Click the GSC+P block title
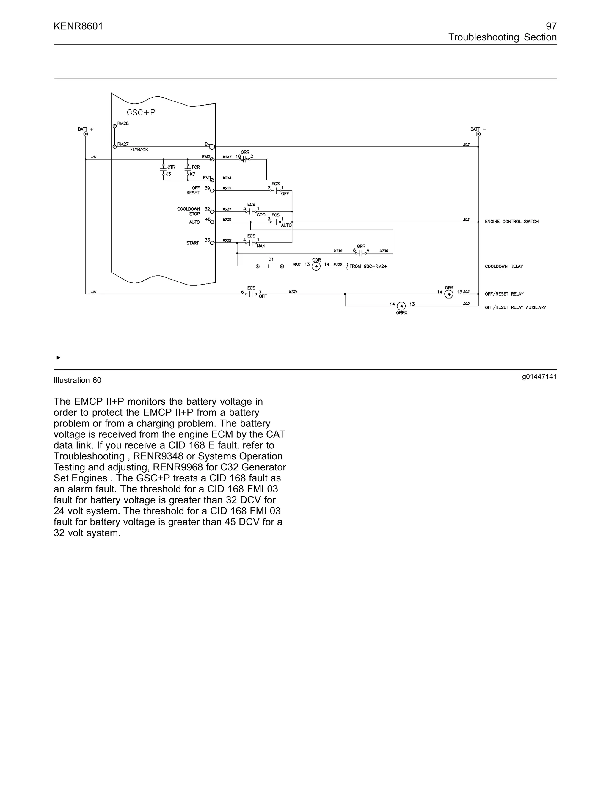[141, 113]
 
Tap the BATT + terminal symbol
[86, 134]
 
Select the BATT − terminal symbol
[478, 134]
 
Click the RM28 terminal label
[123, 123]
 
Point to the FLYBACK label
[139, 150]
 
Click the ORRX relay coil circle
[401, 306]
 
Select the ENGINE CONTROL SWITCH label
[511, 222]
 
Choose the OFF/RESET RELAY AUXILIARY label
[515, 307]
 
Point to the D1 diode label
[271, 259]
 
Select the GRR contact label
[361, 247]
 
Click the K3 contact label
[168, 174]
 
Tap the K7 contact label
[192, 174]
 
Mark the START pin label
[193, 243]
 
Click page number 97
[551, 26]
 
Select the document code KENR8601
[78, 26]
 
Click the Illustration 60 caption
[78, 380]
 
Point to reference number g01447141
[539, 377]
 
